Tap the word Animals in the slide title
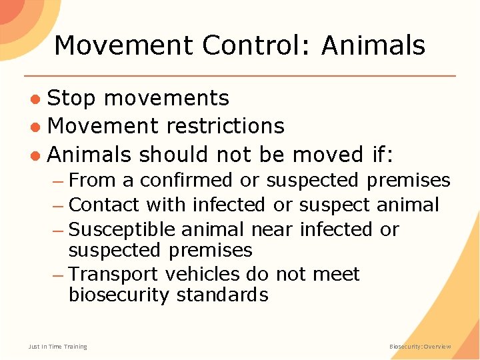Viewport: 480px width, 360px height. click(x=373, y=45)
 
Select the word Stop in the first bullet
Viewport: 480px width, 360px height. click(x=72, y=99)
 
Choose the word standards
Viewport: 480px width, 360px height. click(x=223, y=295)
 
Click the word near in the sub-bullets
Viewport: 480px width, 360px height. click(x=272, y=229)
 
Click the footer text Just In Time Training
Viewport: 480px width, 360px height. click(x=57, y=347)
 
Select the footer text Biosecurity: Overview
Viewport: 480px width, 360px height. click(x=421, y=347)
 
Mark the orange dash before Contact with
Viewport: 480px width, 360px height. click(x=59, y=205)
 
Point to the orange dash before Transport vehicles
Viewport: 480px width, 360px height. click(x=59, y=275)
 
